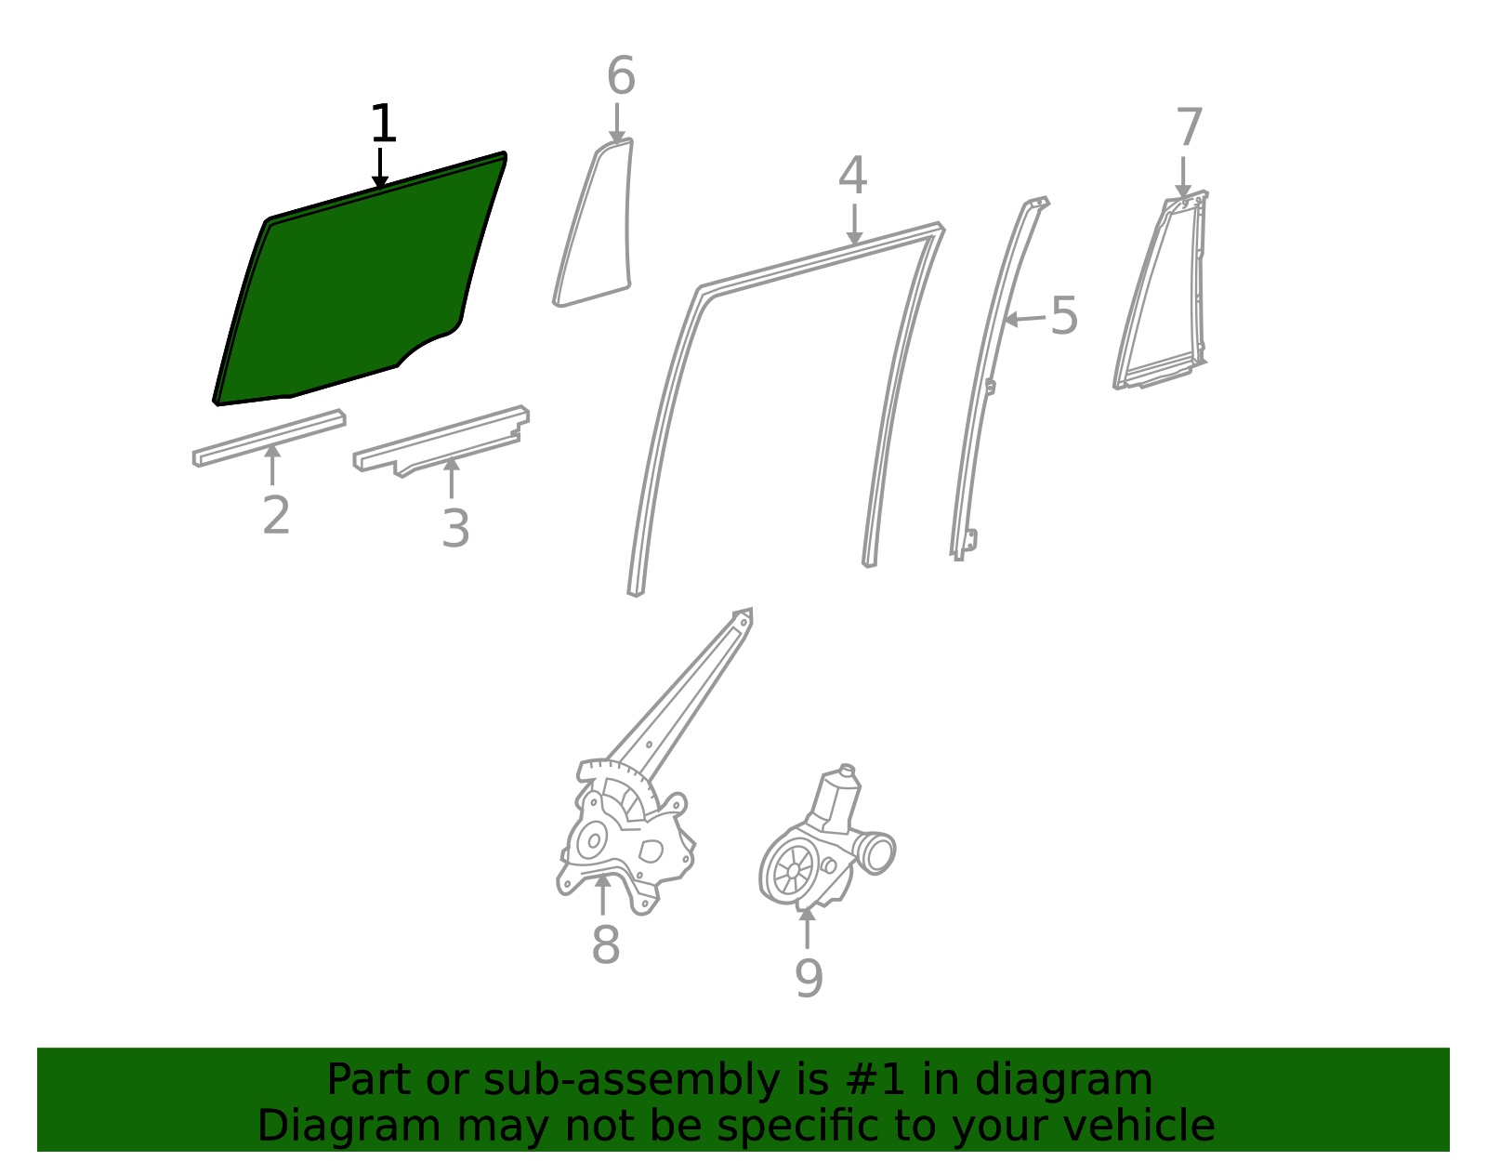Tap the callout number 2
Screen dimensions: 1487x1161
(276, 514)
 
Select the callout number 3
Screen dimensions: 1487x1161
(455, 528)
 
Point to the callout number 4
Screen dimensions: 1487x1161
(852, 175)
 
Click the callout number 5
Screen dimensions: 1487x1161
(1064, 315)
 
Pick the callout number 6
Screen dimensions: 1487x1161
(621, 75)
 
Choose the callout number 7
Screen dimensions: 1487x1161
(1190, 126)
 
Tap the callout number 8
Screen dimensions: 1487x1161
(606, 944)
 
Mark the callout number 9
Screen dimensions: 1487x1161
(809, 978)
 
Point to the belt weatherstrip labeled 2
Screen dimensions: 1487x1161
(269, 438)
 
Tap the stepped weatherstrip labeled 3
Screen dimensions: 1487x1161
(441, 441)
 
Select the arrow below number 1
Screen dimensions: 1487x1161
(380, 168)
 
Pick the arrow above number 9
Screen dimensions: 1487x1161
(808, 928)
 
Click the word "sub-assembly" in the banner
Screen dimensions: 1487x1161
(630, 1079)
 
